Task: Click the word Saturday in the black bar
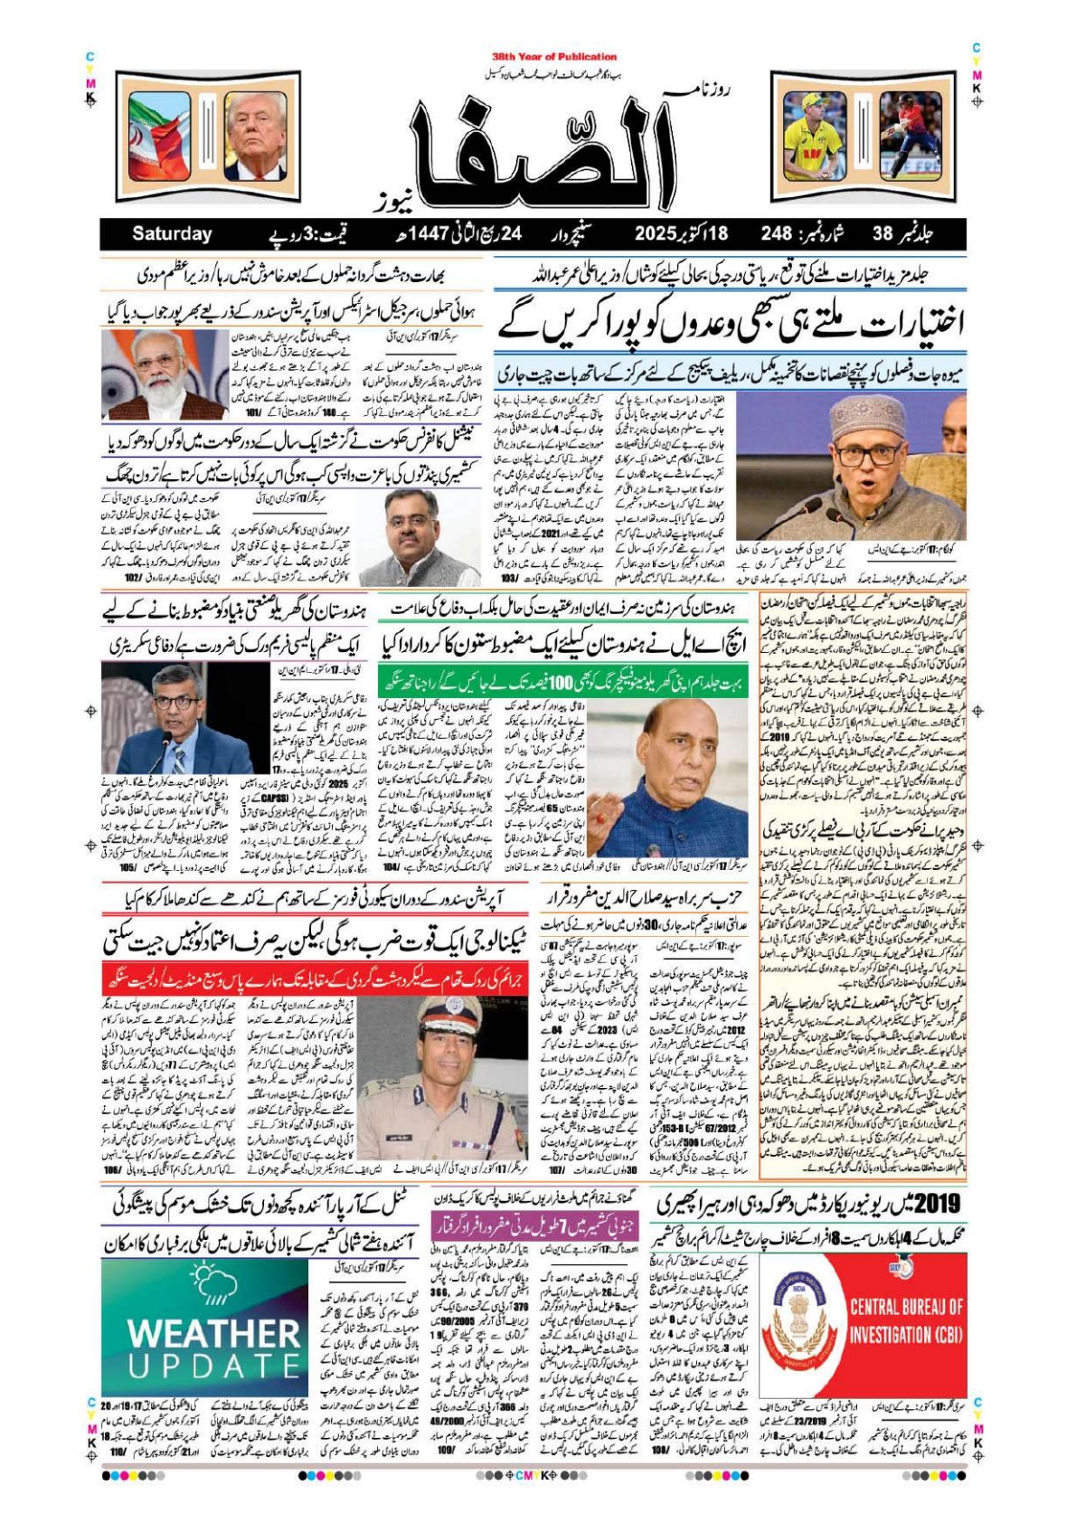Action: [172, 233]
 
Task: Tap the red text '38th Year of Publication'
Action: [554, 56]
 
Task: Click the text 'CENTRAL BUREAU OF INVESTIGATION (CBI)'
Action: [906, 1320]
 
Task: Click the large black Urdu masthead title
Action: [543, 149]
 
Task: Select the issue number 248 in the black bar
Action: [776, 233]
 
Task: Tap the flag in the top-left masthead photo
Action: [159, 136]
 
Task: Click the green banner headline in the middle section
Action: [562, 681]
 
